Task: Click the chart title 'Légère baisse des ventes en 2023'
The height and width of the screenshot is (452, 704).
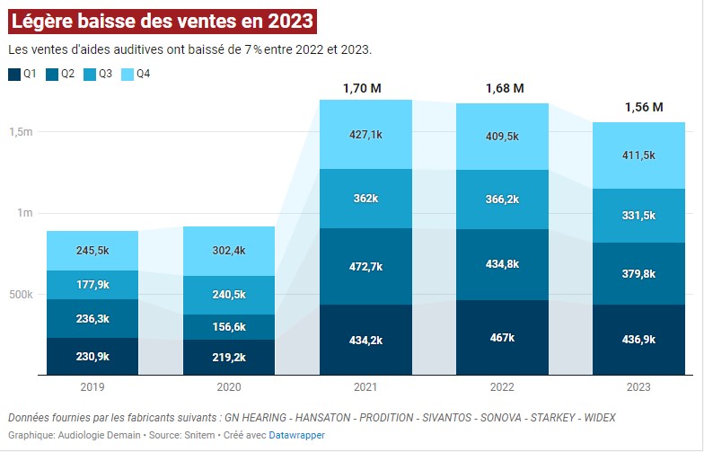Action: [x=162, y=20]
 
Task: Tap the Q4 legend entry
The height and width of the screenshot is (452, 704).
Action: [x=134, y=74]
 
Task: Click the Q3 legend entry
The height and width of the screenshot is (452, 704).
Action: [x=97, y=74]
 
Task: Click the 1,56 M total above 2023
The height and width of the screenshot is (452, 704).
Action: [x=643, y=107]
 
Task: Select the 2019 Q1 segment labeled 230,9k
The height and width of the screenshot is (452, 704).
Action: [x=92, y=356]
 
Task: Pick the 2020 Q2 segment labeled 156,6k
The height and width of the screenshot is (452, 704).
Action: [x=228, y=326]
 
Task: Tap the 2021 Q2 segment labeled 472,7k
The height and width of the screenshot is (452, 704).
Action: [x=365, y=266]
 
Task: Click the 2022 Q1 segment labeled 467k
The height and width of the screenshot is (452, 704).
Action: [x=503, y=337]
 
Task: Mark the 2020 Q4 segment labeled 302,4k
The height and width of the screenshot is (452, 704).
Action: [x=228, y=251]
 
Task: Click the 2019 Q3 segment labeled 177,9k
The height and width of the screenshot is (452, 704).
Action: [x=92, y=285]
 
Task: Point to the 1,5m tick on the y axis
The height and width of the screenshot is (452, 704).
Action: [x=22, y=132]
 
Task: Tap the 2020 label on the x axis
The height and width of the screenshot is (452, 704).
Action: [x=228, y=387]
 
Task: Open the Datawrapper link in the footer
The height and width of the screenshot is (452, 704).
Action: [x=297, y=435]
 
